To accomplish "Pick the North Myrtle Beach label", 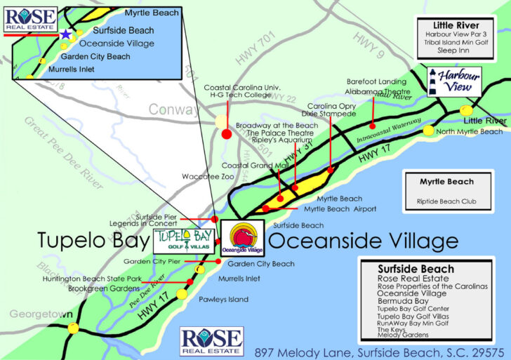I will [x=470, y=131].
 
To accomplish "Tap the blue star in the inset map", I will [x=65, y=33].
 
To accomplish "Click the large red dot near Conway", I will [x=226, y=134].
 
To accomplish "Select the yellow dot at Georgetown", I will [x=72, y=328].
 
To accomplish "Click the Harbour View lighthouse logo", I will [x=454, y=81].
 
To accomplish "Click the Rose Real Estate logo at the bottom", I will [x=211, y=340].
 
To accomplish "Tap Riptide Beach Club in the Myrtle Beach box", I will [x=446, y=202].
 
